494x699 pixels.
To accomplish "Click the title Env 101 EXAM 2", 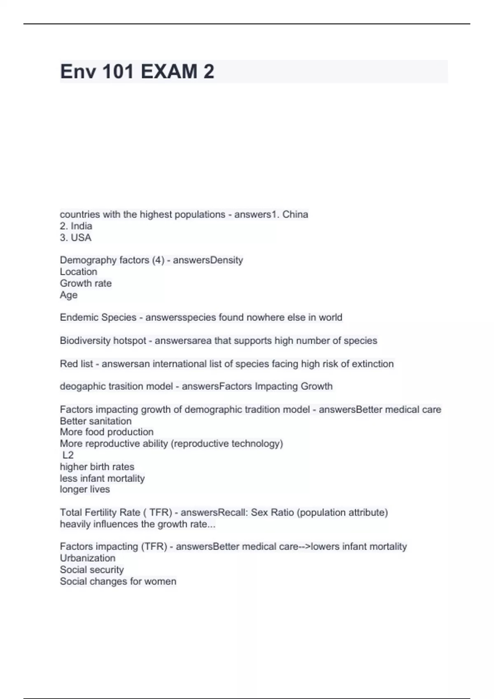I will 137,72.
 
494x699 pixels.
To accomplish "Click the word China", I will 295,214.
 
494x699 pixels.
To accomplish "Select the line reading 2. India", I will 76,226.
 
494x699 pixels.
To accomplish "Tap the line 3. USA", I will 76,238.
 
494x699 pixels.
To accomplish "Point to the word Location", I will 79,272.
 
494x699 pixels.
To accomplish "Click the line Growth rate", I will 86,283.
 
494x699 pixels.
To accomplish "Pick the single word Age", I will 68,295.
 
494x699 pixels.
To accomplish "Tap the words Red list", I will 76,364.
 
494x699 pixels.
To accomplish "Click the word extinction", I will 373,364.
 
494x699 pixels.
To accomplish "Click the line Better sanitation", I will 96,421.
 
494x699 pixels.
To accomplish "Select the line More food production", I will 107,432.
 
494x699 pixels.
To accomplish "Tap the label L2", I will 68,455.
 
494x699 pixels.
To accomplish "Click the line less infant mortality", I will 102,478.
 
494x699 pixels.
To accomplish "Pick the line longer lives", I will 85,489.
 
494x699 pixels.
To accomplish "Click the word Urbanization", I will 88,558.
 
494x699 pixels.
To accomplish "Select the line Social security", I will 92,569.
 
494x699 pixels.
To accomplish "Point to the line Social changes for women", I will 118,581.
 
